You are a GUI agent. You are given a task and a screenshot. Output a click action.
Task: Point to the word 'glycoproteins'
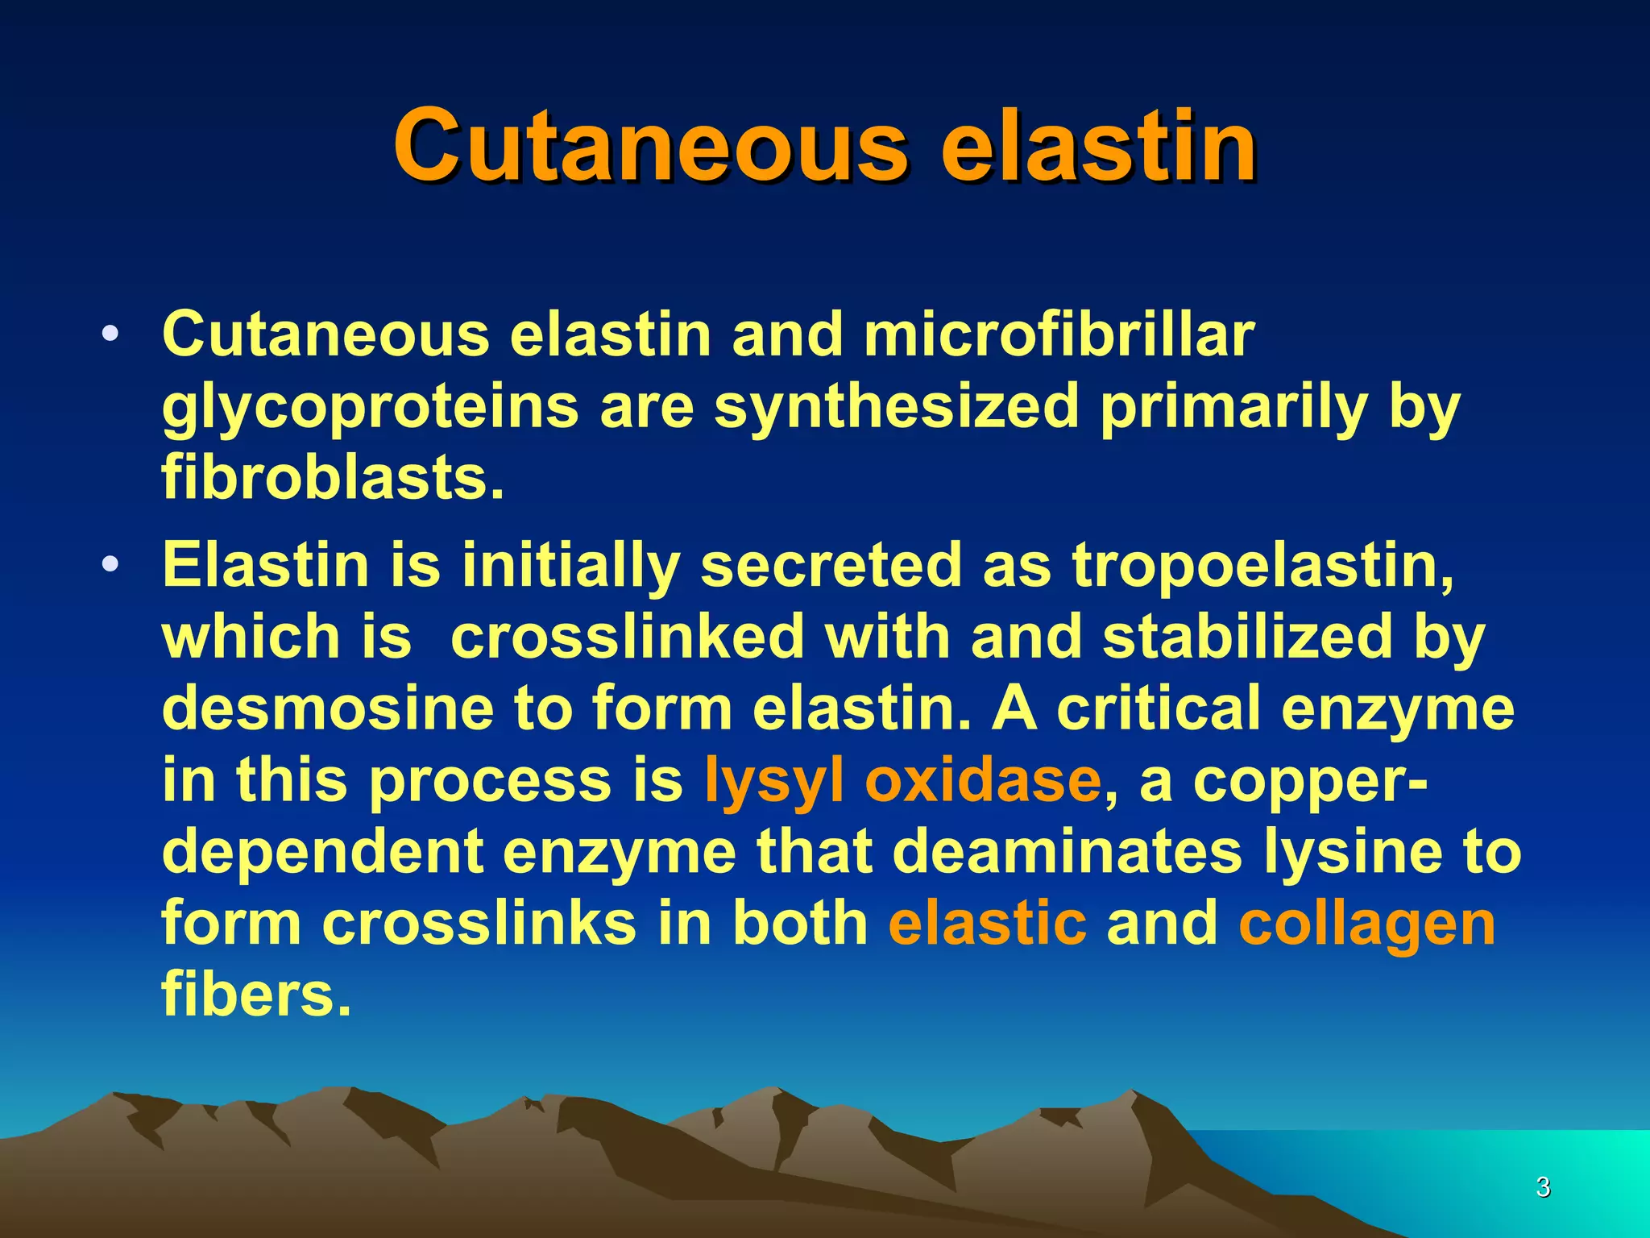tap(370, 407)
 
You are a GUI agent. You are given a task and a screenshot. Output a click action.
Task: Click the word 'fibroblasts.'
tap(333, 477)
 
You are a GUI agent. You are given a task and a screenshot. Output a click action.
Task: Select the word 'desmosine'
tap(327, 708)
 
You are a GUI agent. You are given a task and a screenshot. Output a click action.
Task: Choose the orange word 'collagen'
tap(1366, 924)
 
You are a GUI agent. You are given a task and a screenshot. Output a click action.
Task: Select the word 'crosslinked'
tap(628, 637)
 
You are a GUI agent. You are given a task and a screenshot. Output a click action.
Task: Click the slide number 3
tap(1543, 1186)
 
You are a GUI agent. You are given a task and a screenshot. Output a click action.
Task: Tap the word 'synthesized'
tap(896, 407)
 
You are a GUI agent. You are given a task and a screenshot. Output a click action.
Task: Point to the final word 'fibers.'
tap(256, 994)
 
